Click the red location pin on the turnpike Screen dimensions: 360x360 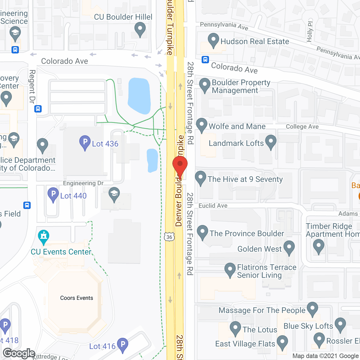pyautogui.click(x=180, y=166)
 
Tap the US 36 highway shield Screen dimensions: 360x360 pyautogui.click(x=169, y=237)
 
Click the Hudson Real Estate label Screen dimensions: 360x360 pyautogui.click(x=255, y=41)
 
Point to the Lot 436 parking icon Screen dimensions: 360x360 pyautogui.click(x=85, y=142)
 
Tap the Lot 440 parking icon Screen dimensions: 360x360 pyautogui.click(x=53, y=194)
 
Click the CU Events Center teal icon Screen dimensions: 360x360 pyautogui.click(x=44, y=237)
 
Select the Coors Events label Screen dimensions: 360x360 pyautogui.click(x=76, y=298)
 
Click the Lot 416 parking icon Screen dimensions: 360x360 pyautogui.click(x=123, y=345)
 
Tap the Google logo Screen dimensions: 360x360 pyautogui.click(x=19, y=353)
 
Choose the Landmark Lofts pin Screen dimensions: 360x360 pyautogui.click(x=271, y=141)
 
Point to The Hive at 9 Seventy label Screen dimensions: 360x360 pyautogui.click(x=245, y=179)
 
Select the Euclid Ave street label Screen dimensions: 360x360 pyautogui.click(x=213, y=206)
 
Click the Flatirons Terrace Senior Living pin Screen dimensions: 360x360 pyautogui.click(x=230, y=269)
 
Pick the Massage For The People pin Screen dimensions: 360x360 pyautogui.click(x=312, y=309)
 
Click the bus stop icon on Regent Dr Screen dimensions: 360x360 pyautogui.click(x=38, y=109)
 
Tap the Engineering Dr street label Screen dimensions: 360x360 pyautogui.click(x=83, y=183)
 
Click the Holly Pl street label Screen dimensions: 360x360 pyautogui.click(x=310, y=32)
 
